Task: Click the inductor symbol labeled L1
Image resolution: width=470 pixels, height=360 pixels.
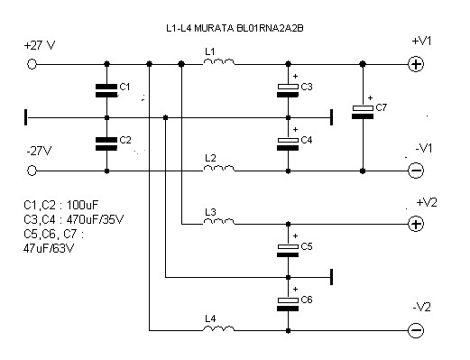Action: coord(219,62)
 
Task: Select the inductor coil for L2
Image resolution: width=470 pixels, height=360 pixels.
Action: coord(219,169)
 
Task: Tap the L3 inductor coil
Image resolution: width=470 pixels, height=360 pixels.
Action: coord(219,222)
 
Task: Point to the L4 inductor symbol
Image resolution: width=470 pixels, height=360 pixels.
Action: coord(219,328)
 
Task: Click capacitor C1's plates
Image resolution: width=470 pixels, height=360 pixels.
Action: coord(106,90)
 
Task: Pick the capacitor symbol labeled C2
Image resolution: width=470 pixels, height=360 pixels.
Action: coord(106,143)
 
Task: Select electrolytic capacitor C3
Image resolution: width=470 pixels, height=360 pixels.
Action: coord(288,90)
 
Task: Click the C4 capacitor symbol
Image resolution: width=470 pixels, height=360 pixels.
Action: coord(288,143)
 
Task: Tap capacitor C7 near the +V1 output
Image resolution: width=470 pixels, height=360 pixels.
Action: coord(363,112)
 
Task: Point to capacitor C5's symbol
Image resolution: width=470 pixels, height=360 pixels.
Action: coord(288,251)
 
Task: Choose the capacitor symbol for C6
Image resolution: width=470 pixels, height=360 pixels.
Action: coord(288,304)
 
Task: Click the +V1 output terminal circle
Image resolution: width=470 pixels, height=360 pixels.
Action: coord(416,64)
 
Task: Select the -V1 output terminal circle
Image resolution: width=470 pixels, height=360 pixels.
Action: coord(416,171)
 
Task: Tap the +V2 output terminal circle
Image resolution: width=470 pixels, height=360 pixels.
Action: coord(416,224)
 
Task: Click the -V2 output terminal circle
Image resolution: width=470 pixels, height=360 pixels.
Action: coord(416,330)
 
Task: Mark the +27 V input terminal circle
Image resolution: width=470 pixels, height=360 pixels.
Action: coord(32,64)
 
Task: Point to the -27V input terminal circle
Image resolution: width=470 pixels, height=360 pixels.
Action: coord(32,171)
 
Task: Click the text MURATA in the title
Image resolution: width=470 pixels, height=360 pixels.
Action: coord(214,28)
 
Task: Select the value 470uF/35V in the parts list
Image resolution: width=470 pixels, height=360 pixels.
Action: coord(95,219)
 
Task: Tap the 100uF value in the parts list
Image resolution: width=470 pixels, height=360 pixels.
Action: coord(82,205)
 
